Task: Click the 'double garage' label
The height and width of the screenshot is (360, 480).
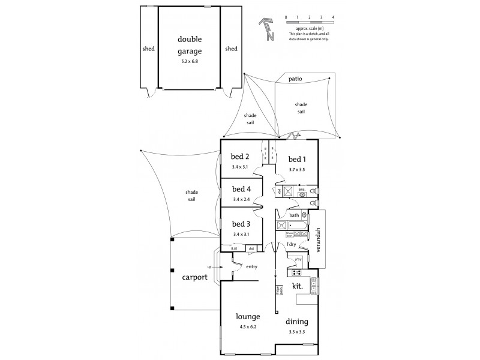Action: [x=189, y=45]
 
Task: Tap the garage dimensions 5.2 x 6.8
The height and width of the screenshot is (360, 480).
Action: [x=189, y=61]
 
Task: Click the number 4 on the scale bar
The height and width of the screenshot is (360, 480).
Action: [x=333, y=17]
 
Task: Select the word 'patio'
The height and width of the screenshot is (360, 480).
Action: [x=295, y=79]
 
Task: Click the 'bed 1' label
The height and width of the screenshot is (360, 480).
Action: [x=298, y=159]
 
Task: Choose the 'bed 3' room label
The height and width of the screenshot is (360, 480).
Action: [x=241, y=224]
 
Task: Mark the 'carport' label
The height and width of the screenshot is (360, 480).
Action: [x=195, y=278]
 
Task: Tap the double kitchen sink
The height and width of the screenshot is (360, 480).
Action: [x=313, y=291]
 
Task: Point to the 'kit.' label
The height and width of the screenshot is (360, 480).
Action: [x=298, y=286]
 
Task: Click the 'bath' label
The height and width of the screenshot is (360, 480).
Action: [x=294, y=215]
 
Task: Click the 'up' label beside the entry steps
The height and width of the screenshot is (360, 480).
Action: [x=209, y=267]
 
